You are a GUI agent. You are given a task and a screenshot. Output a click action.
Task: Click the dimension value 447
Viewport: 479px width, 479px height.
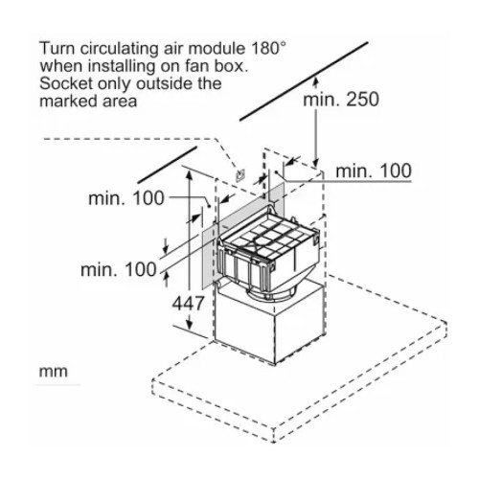(188, 303)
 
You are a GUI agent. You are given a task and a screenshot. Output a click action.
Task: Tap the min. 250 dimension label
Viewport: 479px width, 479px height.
(341, 100)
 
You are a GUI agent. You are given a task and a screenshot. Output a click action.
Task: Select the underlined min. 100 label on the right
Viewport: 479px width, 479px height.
(374, 171)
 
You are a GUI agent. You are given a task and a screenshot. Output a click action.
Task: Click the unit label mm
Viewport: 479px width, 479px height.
(54, 372)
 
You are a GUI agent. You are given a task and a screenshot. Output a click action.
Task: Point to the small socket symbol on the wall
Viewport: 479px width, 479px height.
(240, 175)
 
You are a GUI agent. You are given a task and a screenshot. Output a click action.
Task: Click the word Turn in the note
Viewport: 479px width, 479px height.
(57, 49)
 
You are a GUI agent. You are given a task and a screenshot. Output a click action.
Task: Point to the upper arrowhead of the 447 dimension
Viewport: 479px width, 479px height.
(190, 175)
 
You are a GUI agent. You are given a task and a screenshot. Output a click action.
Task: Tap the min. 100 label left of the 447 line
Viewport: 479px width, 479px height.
(126, 198)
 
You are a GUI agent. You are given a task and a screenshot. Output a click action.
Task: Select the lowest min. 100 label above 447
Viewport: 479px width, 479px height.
(119, 270)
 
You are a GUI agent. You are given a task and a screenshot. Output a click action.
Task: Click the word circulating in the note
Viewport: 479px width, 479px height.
(119, 49)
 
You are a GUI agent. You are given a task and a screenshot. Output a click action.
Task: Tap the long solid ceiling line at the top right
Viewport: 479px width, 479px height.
(304, 81)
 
